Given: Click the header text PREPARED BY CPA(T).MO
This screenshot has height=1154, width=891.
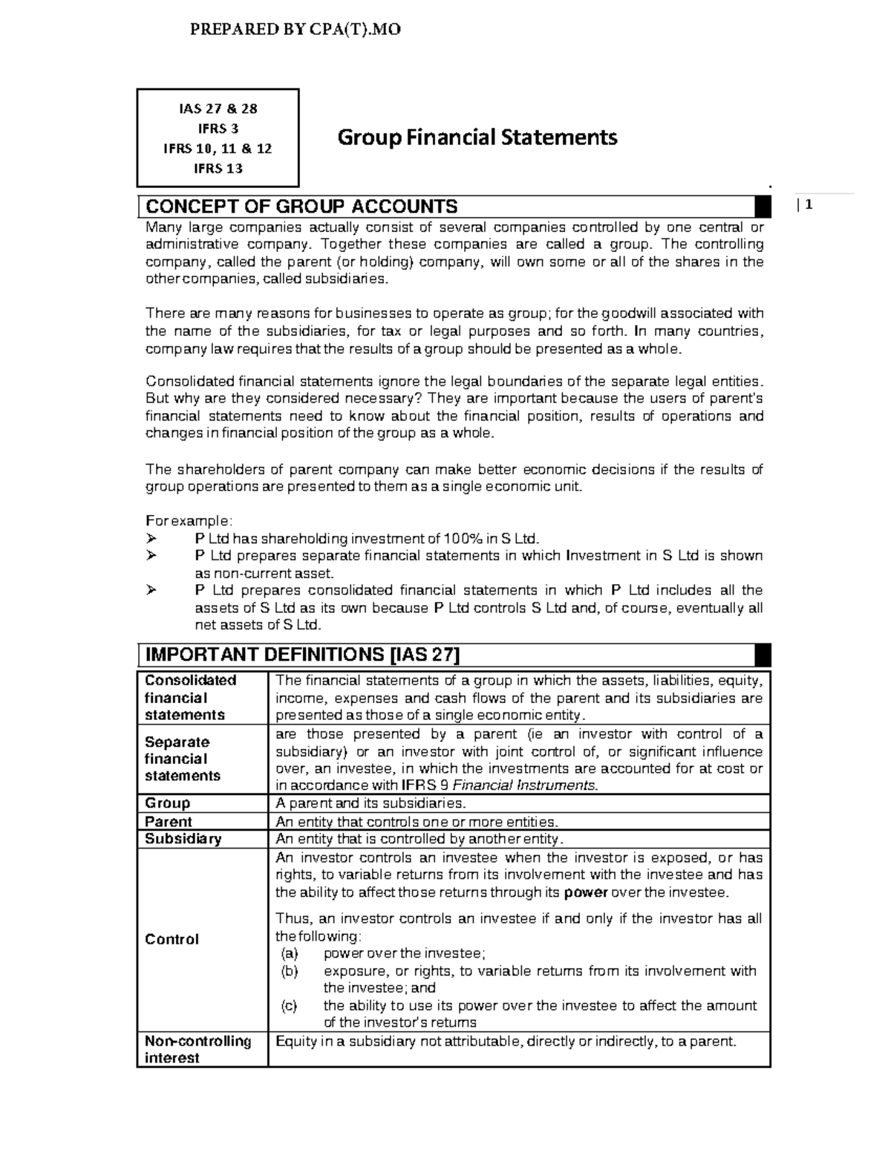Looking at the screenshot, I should pyautogui.click(x=296, y=30).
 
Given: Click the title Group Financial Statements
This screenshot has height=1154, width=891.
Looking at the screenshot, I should pyautogui.click(x=477, y=137).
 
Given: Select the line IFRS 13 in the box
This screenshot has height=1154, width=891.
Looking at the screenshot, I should pyautogui.click(x=218, y=168).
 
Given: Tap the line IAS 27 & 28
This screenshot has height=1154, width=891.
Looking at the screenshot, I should pyautogui.click(x=218, y=108).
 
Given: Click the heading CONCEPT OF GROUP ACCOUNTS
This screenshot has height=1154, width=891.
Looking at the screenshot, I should pyautogui.click(x=301, y=207).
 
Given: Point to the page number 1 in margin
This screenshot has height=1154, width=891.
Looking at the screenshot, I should pyautogui.click(x=810, y=206).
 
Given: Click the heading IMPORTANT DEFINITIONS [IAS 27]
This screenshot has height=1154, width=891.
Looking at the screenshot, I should pyautogui.click(x=303, y=655).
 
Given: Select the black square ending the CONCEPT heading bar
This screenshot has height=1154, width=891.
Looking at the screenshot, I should pyautogui.click(x=762, y=207).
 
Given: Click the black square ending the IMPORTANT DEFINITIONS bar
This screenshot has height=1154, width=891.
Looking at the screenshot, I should pyautogui.click(x=762, y=655).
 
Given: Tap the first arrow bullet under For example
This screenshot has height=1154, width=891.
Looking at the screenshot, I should pyautogui.click(x=152, y=539).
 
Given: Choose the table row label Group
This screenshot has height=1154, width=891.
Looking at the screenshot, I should pyautogui.click(x=167, y=803).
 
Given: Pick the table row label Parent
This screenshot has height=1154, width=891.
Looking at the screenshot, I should pyautogui.click(x=169, y=822).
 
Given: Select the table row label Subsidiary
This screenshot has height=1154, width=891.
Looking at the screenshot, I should pyautogui.click(x=183, y=839).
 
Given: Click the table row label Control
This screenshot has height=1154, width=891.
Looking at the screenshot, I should pyautogui.click(x=172, y=939).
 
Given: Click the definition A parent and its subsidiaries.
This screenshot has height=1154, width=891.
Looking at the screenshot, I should pyautogui.click(x=371, y=803).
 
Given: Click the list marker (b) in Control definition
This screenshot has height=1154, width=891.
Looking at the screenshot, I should pyautogui.click(x=289, y=971).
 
